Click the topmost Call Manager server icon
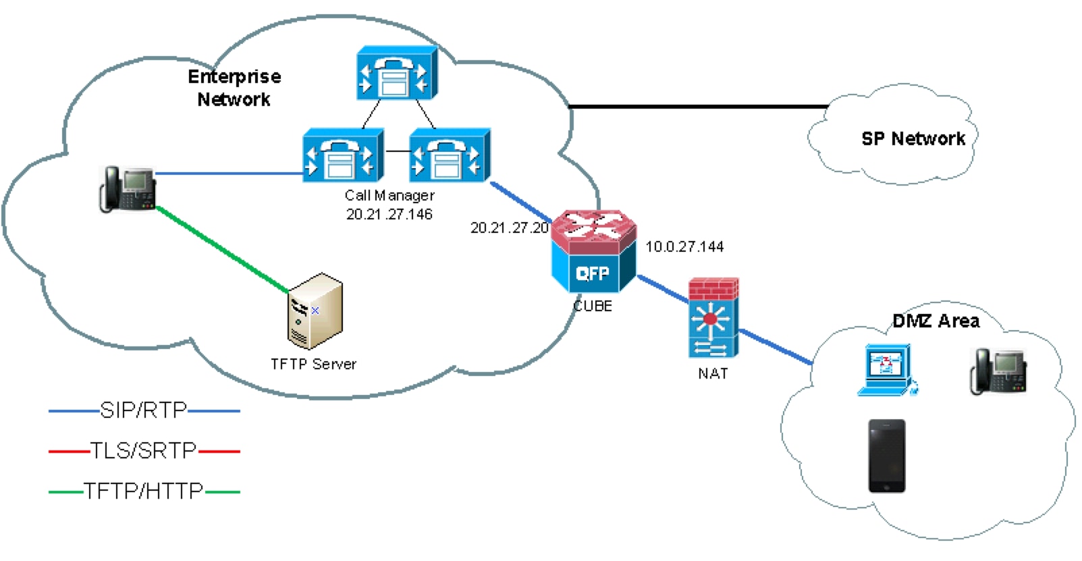click(396, 74)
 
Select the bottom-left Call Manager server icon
click(342, 156)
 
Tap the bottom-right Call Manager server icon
click(449, 156)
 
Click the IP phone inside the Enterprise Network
click(128, 188)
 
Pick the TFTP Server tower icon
click(314, 311)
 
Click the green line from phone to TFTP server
click(223, 250)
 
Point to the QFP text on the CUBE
click(592, 273)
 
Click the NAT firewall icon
click(713, 318)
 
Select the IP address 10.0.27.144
click(684, 247)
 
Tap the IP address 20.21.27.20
click(510, 228)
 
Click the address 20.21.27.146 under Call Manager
click(389, 215)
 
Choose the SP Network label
click(913, 139)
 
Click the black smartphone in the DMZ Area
click(886, 456)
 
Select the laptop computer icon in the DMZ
click(888, 370)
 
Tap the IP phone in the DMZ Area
click(998, 371)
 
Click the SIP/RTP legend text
click(144, 410)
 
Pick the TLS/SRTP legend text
click(144, 450)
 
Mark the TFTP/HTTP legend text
click(144, 491)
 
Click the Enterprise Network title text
click(234, 88)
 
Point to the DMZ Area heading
click(936, 321)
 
